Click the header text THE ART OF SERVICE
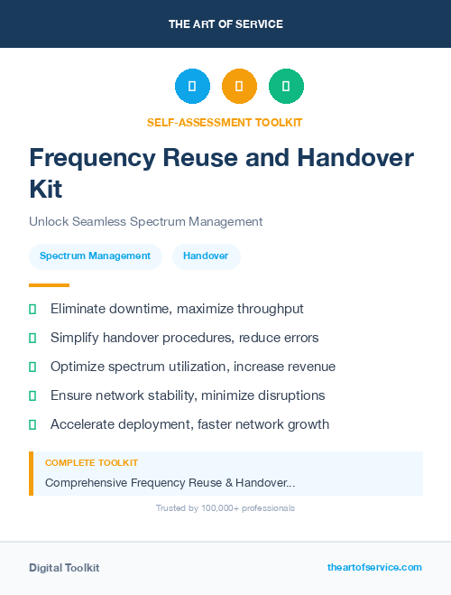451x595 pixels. pyautogui.click(x=225, y=24)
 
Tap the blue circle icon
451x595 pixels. pyautogui.click(x=192, y=86)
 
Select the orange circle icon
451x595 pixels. pyautogui.click(x=239, y=86)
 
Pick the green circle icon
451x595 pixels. pyautogui.click(x=286, y=86)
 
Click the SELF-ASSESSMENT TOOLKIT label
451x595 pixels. pyautogui.click(x=225, y=122)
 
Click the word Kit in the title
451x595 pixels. pyautogui.click(x=47, y=190)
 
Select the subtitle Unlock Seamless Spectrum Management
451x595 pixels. pyautogui.click(x=145, y=221)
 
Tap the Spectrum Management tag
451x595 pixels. pyautogui.click(x=95, y=256)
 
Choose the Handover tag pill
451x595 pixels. pyautogui.click(x=206, y=256)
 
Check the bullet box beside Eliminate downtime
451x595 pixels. pyautogui.click(x=32, y=310)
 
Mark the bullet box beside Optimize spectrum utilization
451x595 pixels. pyautogui.click(x=32, y=367)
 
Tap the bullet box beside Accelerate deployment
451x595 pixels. pyautogui.click(x=32, y=424)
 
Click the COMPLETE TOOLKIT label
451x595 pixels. pyautogui.click(x=91, y=462)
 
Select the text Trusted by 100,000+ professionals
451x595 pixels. pyautogui.click(x=225, y=508)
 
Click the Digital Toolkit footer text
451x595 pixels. pyautogui.click(x=64, y=568)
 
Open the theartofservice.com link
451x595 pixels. pyautogui.click(x=374, y=567)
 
